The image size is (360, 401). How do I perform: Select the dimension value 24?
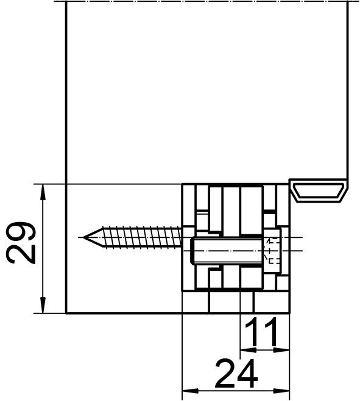236,373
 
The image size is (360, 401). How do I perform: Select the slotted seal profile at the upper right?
320,190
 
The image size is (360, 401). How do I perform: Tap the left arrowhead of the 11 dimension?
246,350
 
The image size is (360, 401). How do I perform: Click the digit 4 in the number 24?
248,373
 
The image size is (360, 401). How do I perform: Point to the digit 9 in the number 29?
22,231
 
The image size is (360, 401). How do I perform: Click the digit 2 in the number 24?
223,373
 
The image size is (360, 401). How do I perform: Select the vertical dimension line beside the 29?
43,268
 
